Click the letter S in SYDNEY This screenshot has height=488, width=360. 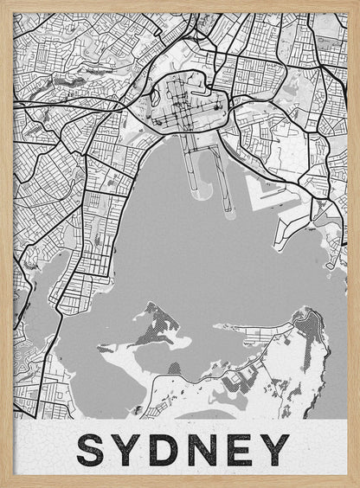(94, 449)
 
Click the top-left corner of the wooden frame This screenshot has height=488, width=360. (3, 3)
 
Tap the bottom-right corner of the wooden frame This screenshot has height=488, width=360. (357, 485)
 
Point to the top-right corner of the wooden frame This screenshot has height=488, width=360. (357, 3)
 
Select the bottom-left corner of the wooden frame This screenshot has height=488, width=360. (3, 485)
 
